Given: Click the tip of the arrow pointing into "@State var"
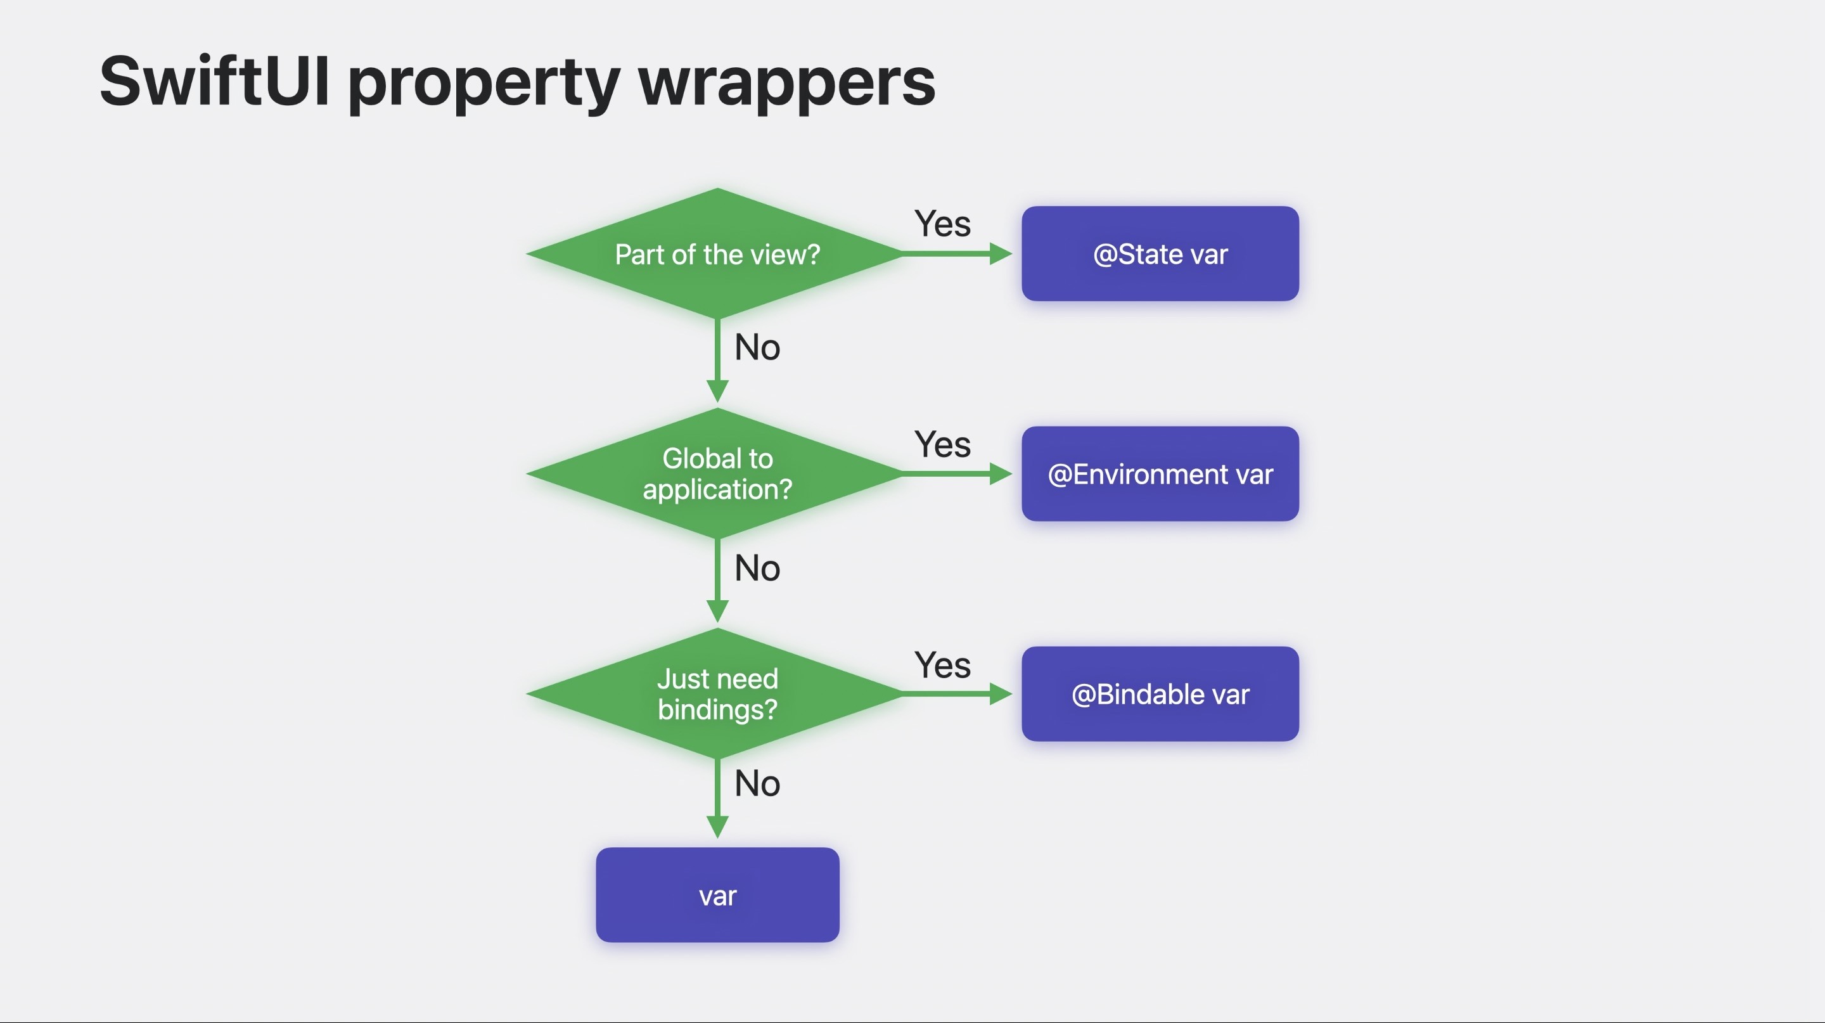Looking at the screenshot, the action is pos(1013,254).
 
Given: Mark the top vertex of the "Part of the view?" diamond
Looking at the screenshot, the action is pos(718,188).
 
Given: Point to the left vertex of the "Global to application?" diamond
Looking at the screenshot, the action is pos(527,473).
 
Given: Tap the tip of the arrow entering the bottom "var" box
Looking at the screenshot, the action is pos(718,838).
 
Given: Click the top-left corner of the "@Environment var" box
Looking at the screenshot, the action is pos(1022,427).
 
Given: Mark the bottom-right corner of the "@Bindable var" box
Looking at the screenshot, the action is pos(1299,741).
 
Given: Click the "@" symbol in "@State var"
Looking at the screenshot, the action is pos(1105,254).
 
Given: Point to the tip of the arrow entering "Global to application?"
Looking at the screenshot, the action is pos(718,402).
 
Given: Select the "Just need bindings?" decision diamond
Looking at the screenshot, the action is pos(718,693).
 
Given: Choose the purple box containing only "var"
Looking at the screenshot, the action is pos(718,895).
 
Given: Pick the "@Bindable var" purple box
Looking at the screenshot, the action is pos(1160,694).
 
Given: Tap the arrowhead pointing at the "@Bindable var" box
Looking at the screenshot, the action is pos(1001,693).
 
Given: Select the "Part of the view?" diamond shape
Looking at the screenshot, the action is pos(718,254).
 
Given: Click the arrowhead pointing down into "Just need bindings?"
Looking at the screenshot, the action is pos(718,612).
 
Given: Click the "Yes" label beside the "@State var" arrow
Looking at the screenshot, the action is pos(942,224).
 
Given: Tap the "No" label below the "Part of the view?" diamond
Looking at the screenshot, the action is pos(757,347).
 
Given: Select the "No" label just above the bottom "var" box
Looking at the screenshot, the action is pos(757,783).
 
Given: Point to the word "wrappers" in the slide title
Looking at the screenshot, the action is pos(787,84).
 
